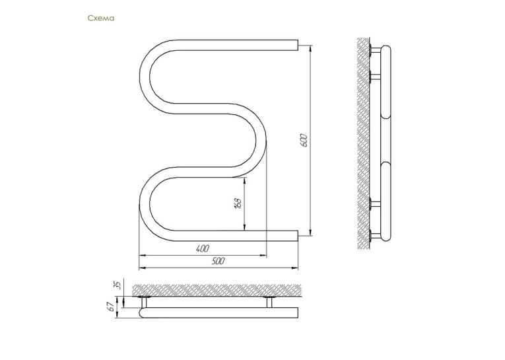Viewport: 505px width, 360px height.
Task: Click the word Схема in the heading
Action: (x=101, y=18)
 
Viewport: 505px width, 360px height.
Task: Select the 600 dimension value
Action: (x=304, y=140)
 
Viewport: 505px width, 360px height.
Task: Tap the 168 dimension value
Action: (x=238, y=203)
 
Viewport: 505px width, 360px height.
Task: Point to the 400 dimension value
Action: (x=202, y=248)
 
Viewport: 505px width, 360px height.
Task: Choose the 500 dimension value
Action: (x=218, y=260)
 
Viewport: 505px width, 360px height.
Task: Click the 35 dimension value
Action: (x=118, y=285)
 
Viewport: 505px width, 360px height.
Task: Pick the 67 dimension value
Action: (x=111, y=306)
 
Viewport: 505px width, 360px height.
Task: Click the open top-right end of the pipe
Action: (x=297, y=45)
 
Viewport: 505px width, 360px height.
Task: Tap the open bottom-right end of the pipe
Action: (x=297, y=236)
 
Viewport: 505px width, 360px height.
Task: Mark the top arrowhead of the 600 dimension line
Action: (x=310, y=48)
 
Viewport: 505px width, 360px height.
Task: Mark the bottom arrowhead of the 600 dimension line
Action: (x=310, y=233)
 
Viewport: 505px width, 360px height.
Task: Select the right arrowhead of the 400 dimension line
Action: (x=263, y=256)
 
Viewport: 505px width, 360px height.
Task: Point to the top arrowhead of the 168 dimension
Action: (x=245, y=180)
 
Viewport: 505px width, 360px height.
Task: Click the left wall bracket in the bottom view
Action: (x=144, y=302)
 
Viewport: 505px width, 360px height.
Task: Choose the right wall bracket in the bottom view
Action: (x=269, y=302)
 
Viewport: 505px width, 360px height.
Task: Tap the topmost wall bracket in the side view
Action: (x=375, y=50)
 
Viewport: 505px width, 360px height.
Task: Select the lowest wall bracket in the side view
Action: (x=375, y=236)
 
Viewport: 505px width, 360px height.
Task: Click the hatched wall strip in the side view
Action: (x=363, y=143)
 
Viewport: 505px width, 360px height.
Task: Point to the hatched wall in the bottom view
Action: (x=217, y=290)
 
